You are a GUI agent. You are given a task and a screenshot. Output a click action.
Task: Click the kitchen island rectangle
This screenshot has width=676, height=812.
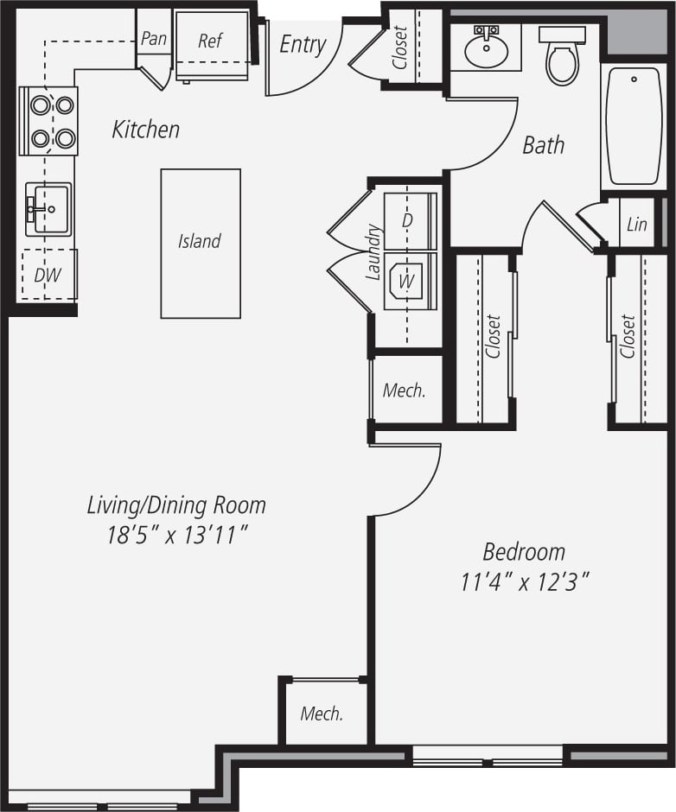[201, 243]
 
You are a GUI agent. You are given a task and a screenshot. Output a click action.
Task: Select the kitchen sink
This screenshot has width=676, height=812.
[48, 208]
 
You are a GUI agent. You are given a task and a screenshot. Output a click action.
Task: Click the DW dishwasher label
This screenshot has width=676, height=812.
[48, 276]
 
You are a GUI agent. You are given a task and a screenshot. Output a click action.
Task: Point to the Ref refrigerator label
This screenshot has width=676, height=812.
[210, 41]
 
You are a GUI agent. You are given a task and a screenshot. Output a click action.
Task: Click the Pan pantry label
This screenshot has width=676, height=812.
[153, 39]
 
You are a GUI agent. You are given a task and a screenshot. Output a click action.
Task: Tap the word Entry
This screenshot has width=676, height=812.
[303, 45]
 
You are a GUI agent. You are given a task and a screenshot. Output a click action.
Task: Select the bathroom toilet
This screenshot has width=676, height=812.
[562, 57]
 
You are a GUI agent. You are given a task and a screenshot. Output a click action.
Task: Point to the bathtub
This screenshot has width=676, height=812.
[634, 126]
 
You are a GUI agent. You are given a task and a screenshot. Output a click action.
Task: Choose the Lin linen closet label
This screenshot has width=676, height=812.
[636, 225]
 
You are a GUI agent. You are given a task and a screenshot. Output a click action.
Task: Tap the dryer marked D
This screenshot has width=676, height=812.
[408, 220]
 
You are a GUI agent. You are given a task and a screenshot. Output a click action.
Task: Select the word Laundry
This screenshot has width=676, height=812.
[373, 252]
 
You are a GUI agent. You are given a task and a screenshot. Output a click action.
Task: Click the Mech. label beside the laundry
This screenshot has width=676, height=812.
[405, 390]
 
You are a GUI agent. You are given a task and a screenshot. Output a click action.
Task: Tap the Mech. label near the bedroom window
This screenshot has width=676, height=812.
[322, 714]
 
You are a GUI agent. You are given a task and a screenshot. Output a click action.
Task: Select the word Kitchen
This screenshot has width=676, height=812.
[146, 130]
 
